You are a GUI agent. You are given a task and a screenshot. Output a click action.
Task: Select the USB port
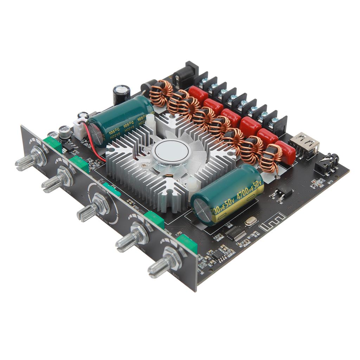pyautogui.click(x=304, y=144)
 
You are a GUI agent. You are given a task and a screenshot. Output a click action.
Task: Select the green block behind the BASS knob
pyautogui.click(x=187, y=243)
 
